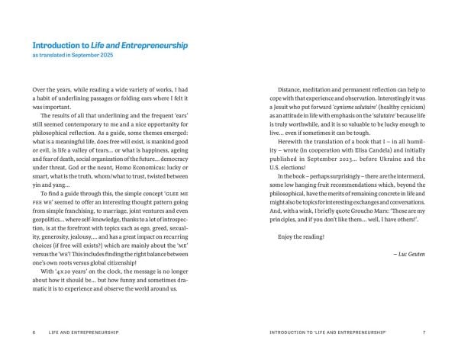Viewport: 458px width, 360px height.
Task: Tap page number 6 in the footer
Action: tap(34, 333)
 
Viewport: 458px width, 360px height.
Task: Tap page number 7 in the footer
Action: tap(424, 333)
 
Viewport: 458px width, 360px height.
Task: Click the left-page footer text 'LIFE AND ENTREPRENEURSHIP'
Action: tap(86, 333)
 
